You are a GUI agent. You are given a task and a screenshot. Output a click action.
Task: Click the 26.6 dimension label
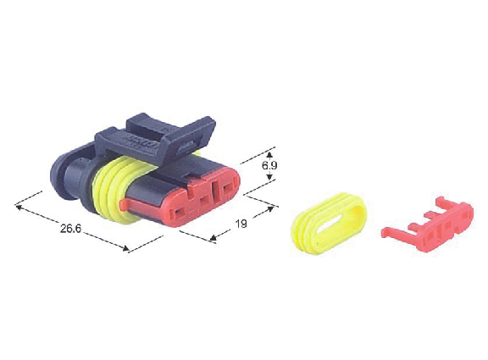(x=70, y=229)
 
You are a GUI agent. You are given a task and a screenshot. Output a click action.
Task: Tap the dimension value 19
(x=241, y=224)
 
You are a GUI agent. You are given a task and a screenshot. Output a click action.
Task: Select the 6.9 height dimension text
(x=269, y=165)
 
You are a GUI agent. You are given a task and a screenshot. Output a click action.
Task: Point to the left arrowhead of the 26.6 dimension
(x=19, y=207)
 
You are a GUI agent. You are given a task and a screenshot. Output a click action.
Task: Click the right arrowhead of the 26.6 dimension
(x=125, y=248)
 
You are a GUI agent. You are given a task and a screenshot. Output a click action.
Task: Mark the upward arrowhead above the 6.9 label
(x=269, y=155)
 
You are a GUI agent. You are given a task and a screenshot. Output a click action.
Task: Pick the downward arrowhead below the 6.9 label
(x=269, y=176)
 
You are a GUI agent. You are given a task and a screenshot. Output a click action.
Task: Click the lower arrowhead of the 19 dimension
(x=213, y=238)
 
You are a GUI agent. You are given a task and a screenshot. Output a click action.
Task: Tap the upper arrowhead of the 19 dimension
(x=270, y=208)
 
